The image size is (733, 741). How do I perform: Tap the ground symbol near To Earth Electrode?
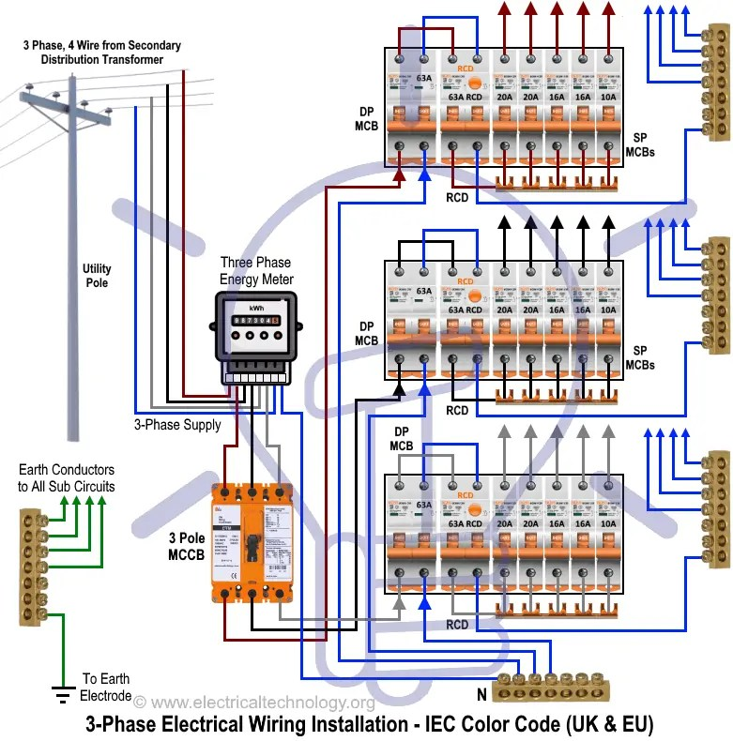[64, 695]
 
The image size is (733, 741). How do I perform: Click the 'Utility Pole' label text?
[97, 276]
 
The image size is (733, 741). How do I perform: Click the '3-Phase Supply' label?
[177, 424]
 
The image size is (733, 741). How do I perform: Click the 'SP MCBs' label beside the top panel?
[640, 144]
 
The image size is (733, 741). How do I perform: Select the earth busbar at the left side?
[30, 567]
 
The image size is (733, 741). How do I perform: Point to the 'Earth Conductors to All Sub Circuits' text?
[66, 478]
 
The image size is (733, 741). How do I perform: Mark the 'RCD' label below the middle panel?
[457, 411]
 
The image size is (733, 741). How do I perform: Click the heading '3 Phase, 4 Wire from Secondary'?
[102, 46]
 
